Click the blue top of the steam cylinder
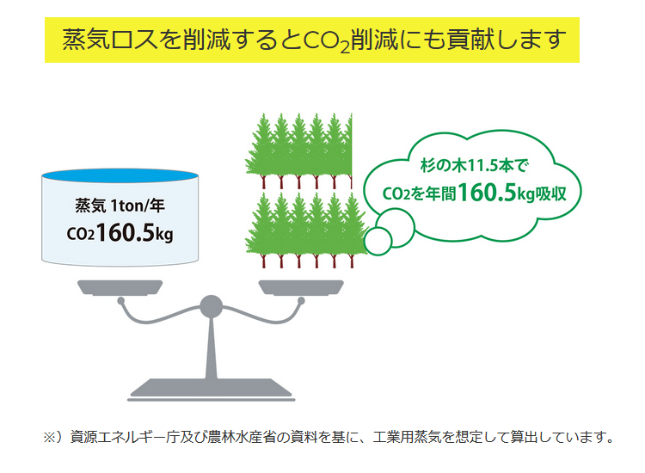click(x=120, y=175)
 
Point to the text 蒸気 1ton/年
click(x=120, y=206)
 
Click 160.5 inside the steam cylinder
click(x=126, y=232)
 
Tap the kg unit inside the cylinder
click(x=163, y=235)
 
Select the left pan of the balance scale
click(x=120, y=287)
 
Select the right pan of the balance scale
click(x=301, y=287)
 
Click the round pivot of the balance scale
click(x=211, y=306)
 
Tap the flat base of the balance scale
click(x=211, y=390)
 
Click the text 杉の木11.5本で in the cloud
click(x=474, y=166)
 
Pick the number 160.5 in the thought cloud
click(x=487, y=192)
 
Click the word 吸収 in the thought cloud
click(x=550, y=193)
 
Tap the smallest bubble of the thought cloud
click(x=378, y=242)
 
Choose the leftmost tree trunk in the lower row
click(x=264, y=261)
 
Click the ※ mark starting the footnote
click(x=49, y=437)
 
